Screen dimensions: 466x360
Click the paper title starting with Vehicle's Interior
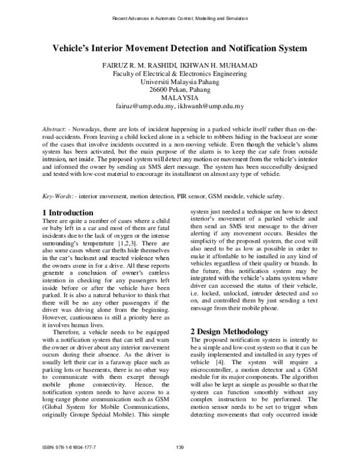pos(180,47)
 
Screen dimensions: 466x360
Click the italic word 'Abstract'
pos(53,130)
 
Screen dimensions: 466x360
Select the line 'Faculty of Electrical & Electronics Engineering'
pos(179,73)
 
